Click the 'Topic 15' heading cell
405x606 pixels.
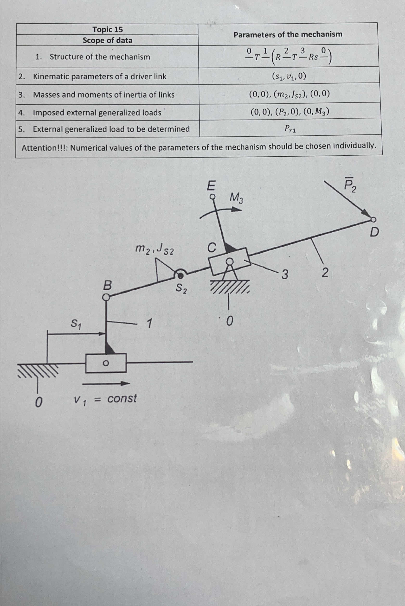tap(108, 30)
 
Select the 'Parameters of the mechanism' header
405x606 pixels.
tap(288, 34)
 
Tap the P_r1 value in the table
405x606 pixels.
tap(290, 128)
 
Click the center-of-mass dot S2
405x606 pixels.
tap(180, 276)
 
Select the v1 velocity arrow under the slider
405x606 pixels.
tap(106, 384)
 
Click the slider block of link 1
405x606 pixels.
tap(106, 363)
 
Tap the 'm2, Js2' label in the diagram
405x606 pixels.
tap(155, 249)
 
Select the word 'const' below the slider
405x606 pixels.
tap(122, 398)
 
